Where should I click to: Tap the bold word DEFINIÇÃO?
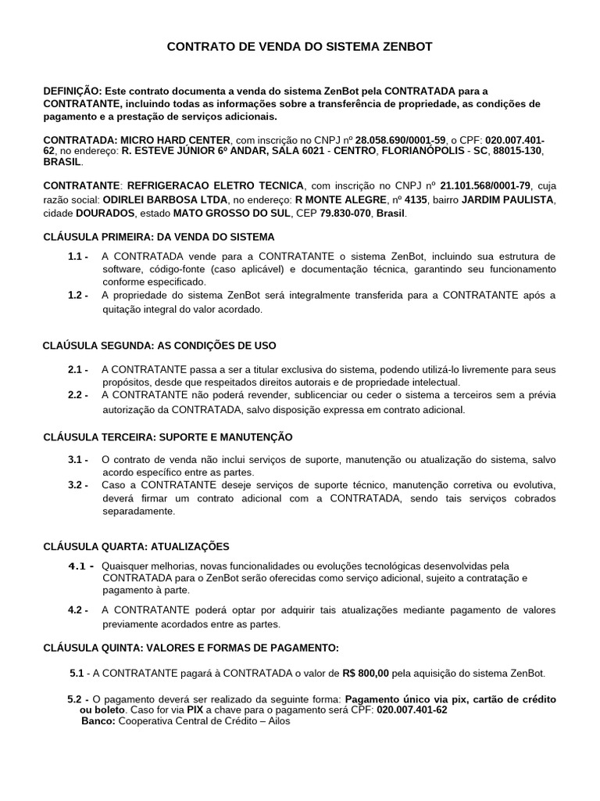71,92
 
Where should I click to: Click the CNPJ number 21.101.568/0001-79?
485,185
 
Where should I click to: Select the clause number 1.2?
77,295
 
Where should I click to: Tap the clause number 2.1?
77,369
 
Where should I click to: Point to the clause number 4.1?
81,566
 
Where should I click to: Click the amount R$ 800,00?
367,673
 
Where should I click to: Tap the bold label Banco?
98,721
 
